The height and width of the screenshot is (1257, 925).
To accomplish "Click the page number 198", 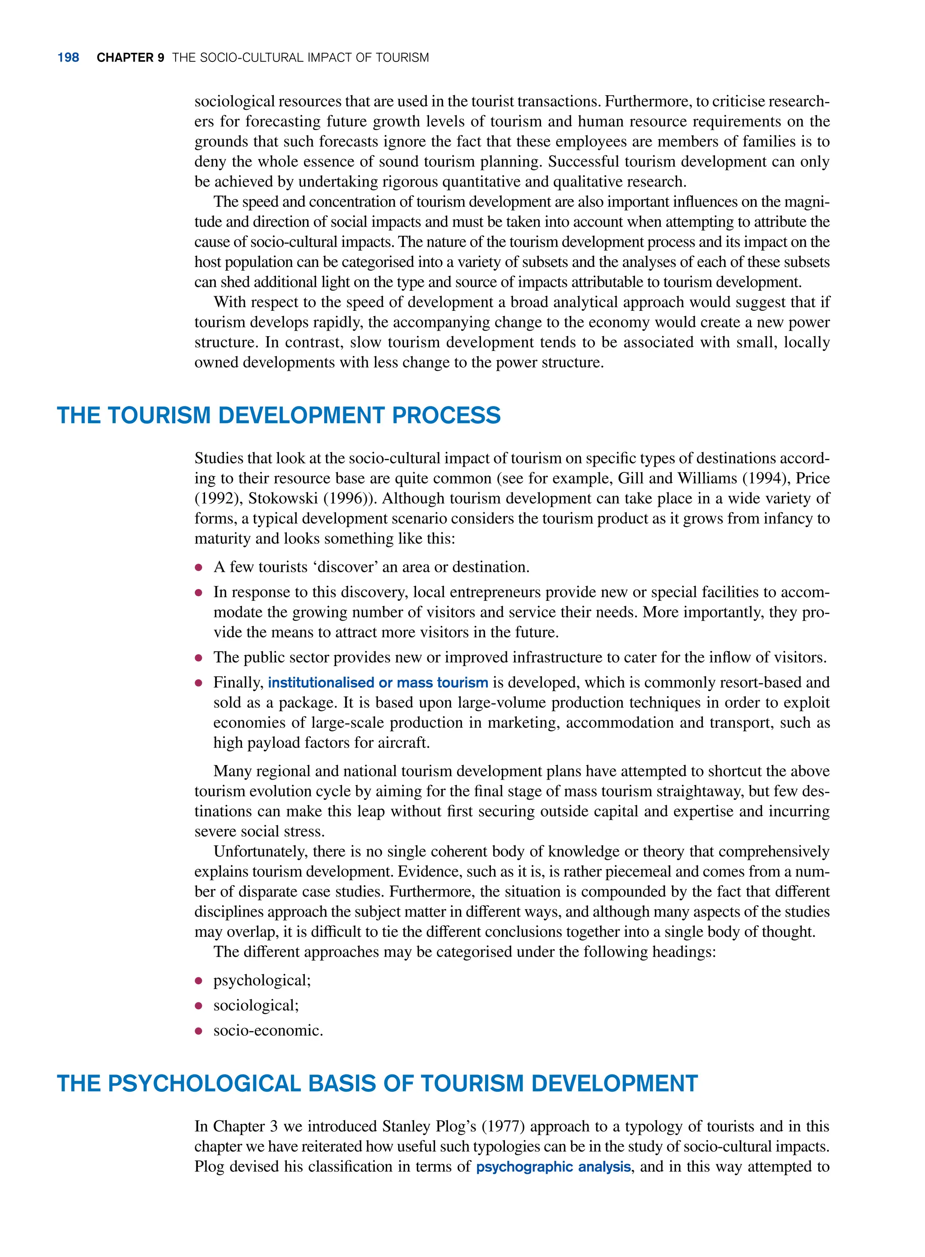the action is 68,58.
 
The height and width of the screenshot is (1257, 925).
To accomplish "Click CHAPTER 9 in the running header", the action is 130,58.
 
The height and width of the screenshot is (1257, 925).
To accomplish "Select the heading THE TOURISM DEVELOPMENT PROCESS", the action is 278,416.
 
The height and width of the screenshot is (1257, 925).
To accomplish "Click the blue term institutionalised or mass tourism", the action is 378,682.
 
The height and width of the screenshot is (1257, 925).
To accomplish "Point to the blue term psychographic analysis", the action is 553,1167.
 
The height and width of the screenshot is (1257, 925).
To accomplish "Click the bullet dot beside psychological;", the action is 198,981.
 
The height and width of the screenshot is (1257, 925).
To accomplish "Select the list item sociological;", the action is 256,1005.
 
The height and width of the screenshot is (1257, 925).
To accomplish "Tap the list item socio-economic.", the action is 268,1031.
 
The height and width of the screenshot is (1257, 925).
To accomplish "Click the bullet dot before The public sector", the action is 198,658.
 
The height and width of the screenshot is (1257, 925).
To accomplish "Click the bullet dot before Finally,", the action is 198,683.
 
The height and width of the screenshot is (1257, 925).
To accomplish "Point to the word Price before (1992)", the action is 813,478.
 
